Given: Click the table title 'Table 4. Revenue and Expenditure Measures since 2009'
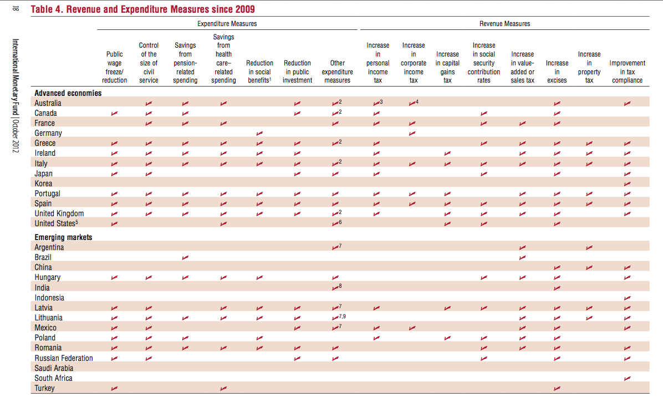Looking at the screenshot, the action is click(143, 9).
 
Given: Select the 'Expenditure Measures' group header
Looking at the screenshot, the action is click(227, 24).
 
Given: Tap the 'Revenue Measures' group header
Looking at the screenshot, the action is click(504, 24).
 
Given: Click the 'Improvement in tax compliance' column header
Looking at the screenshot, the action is click(627, 72).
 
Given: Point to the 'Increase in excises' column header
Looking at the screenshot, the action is click(557, 72).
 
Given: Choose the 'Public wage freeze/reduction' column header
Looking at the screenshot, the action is click(115, 67).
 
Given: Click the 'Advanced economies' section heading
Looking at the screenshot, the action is click(68, 93).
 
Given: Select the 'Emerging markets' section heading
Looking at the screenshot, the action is click(63, 237).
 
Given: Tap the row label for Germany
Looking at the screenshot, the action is click(48, 133).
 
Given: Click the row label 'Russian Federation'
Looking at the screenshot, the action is click(64, 358).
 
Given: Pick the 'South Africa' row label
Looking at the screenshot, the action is click(53, 378).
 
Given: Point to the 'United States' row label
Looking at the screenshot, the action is click(56, 223).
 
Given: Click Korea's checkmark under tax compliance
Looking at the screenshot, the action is click(627, 184).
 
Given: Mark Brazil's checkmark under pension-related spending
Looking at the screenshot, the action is click(185, 257).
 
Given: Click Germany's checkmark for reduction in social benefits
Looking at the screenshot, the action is click(259, 134).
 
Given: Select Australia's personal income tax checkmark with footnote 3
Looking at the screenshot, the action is click(378, 103).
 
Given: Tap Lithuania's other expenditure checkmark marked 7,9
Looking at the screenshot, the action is click(339, 317).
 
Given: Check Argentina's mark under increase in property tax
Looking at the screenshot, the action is click(589, 248).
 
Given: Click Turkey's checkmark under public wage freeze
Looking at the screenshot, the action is click(114, 389).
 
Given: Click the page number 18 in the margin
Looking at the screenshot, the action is click(16, 8).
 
